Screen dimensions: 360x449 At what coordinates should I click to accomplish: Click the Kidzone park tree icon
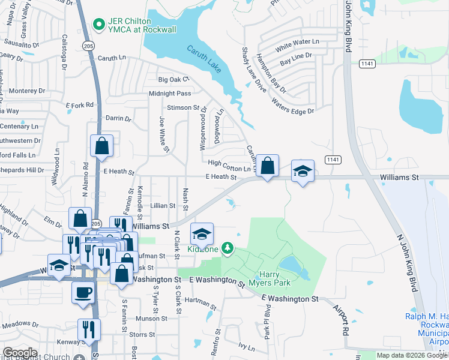227,247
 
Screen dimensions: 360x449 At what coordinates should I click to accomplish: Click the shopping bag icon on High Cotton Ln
267,166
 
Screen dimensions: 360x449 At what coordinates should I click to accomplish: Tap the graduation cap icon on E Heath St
303,171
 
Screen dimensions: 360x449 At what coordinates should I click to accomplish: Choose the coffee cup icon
83,292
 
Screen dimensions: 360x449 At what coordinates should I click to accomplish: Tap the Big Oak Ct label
173,79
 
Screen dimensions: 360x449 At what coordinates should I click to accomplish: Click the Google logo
20,353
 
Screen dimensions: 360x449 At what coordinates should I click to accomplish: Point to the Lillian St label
163,205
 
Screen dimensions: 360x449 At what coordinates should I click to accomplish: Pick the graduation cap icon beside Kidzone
202,233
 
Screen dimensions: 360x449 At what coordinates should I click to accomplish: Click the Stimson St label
182,107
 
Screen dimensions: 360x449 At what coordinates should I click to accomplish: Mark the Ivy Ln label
247,346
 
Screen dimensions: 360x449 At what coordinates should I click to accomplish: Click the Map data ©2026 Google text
412,355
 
